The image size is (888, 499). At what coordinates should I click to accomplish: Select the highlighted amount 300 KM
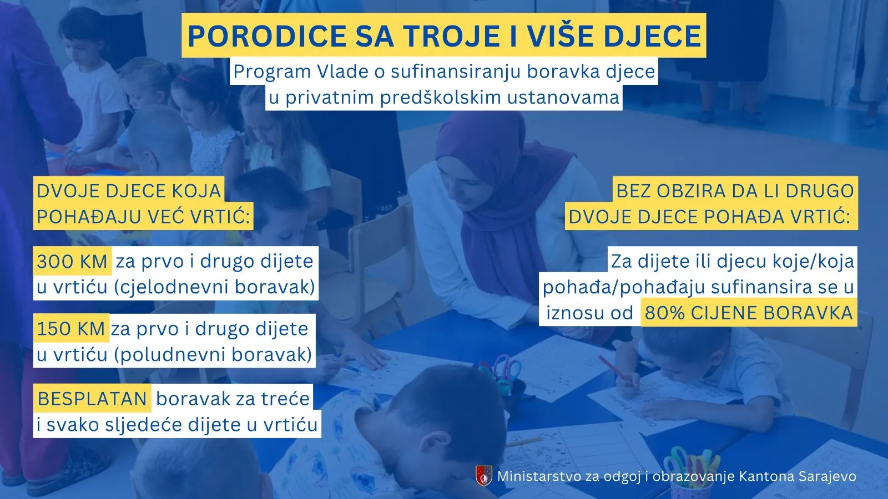click(x=72, y=261)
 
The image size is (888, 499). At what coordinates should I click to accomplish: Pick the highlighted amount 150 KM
click(x=70, y=329)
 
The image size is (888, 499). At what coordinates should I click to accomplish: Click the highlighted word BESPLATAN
click(x=92, y=399)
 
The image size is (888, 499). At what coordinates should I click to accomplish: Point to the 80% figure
click(x=665, y=313)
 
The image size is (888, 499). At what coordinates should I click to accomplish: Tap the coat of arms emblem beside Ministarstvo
click(x=483, y=476)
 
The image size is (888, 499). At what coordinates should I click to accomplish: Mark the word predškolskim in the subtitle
click(x=441, y=98)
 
